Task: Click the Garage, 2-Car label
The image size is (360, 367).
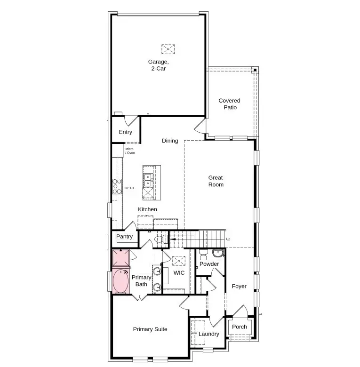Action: tap(157, 65)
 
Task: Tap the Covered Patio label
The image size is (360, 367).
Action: tap(229, 104)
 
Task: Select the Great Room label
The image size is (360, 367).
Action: tap(216, 181)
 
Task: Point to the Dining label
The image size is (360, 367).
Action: tap(170, 141)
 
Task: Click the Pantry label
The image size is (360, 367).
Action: tap(124, 237)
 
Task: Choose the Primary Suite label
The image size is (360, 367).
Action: tap(150, 329)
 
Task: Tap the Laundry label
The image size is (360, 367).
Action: tap(208, 334)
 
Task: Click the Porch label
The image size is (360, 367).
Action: tap(240, 327)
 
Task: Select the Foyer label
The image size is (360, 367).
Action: tap(239, 287)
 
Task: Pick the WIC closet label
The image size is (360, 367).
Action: tap(179, 273)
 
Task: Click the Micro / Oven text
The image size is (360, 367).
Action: tap(130, 151)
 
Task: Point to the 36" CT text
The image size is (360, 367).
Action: tap(129, 188)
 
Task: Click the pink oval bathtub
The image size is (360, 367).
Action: tap(121, 281)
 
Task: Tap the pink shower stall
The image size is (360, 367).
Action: tap(120, 258)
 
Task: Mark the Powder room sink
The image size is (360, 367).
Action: tap(218, 254)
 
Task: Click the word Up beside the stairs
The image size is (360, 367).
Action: tap(228, 239)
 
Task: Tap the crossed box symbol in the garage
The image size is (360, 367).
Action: tap(168, 48)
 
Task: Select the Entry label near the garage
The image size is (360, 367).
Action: tap(125, 132)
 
